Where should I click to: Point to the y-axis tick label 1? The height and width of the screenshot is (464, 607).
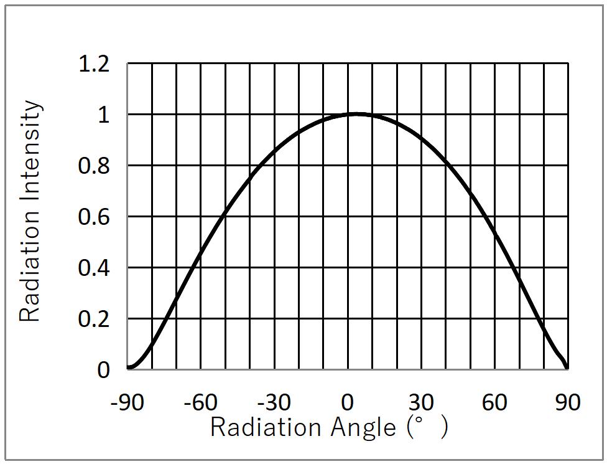(x=104, y=115)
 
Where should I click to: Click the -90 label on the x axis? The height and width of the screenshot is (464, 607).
(x=127, y=402)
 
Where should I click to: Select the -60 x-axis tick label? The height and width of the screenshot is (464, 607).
(x=201, y=402)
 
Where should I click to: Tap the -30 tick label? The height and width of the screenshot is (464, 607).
(x=274, y=402)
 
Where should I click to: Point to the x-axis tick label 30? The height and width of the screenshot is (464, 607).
(x=421, y=402)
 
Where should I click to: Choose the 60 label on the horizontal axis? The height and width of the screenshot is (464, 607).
(x=494, y=402)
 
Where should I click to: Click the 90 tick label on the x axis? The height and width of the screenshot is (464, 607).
(x=567, y=402)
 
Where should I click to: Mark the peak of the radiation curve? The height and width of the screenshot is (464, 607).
(x=355, y=114)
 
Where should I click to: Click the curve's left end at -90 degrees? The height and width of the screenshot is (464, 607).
(x=128, y=368)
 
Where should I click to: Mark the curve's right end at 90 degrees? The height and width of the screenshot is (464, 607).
(x=567, y=368)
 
